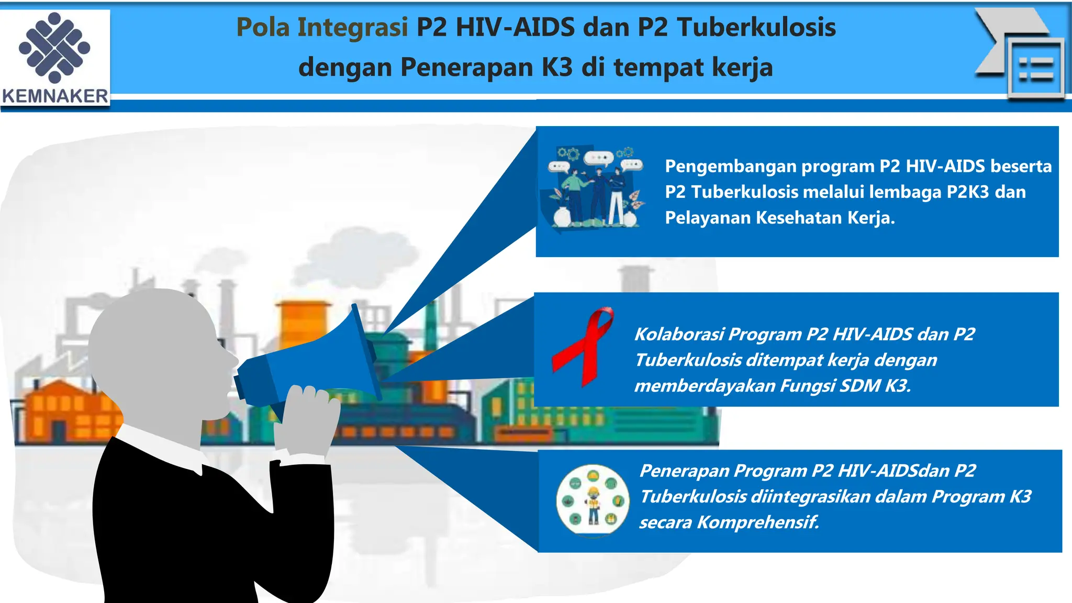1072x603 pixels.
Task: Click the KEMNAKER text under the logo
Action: point(55,96)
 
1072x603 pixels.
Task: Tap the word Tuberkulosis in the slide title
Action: point(756,27)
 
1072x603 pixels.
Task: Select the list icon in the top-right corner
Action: point(1035,69)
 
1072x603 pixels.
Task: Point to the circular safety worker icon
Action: point(593,500)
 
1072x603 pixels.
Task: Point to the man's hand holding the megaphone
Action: point(307,419)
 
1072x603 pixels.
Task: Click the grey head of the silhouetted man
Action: point(157,345)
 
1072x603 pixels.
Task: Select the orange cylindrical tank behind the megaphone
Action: point(301,325)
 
